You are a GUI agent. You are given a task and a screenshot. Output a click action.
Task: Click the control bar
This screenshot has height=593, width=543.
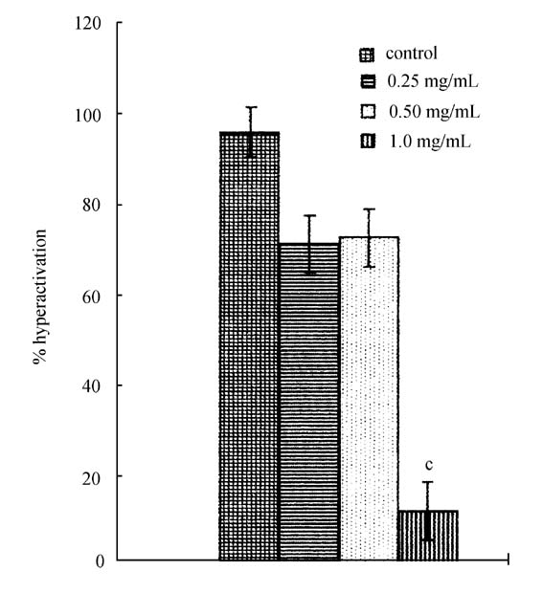tap(249, 345)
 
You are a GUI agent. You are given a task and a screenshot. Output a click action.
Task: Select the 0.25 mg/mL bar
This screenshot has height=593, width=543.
tap(309, 402)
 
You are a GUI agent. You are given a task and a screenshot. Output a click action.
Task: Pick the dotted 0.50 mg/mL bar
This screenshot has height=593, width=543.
tap(369, 398)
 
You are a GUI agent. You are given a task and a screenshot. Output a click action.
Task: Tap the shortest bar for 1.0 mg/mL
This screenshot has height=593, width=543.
tap(428, 536)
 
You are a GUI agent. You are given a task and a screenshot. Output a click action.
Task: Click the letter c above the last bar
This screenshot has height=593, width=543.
tap(429, 465)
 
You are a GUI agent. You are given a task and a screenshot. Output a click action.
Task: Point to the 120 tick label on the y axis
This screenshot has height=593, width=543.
tap(88, 24)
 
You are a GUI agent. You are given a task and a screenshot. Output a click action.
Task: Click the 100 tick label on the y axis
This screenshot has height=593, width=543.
tap(88, 115)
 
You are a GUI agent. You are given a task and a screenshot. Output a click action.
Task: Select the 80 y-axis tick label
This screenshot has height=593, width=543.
tap(92, 206)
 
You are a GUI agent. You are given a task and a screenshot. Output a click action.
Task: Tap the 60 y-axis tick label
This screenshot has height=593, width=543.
tap(92, 296)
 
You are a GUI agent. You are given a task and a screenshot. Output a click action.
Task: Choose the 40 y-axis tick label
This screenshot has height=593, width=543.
tap(92, 386)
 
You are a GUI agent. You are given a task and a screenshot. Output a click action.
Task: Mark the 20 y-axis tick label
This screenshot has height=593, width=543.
tap(92, 477)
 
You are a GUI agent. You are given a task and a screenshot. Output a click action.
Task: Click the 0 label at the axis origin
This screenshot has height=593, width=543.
tap(100, 561)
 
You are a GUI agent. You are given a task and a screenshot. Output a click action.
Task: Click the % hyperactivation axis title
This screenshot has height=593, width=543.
tap(40, 296)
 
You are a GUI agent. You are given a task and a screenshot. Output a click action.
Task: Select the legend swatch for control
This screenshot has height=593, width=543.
tap(367, 55)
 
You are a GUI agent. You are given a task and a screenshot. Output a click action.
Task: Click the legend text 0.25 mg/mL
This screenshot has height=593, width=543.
tap(433, 81)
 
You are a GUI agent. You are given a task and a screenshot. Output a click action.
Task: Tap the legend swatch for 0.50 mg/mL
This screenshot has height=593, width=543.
tap(368, 112)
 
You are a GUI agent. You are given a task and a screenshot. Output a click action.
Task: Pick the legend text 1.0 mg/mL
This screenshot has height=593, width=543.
tap(430, 142)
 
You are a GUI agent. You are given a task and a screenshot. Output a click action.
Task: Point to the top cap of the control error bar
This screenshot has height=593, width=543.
tap(251, 107)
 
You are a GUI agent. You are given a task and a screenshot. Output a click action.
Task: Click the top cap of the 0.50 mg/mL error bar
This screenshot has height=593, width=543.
tap(369, 209)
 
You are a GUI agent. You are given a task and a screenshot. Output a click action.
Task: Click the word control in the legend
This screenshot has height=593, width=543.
tap(412, 53)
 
